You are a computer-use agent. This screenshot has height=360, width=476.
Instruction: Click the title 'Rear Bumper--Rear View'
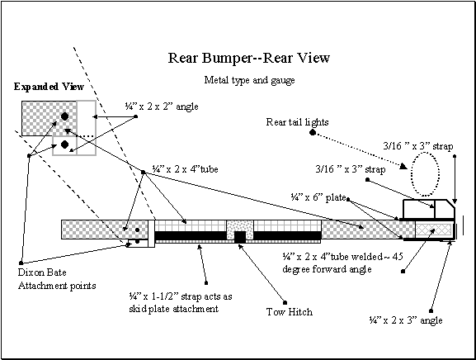pyautogui.click(x=249, y=58)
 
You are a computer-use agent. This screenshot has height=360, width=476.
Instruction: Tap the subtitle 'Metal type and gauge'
pyautogui.click(x=249, y=80)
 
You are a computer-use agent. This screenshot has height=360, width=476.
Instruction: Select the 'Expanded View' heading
pyautogui.click(x=49, y=87)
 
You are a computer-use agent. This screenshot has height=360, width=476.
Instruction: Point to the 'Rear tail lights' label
pyautogui.click(x=297, y=122)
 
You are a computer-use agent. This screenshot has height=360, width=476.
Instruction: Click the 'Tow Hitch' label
pyautogui.click(x=290, y=312)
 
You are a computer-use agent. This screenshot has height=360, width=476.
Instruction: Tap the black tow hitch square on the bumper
pyautogui.click(x=240, y=237)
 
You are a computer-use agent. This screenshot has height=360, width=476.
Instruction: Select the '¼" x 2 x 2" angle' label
pyautogui.click(x=162, y=107)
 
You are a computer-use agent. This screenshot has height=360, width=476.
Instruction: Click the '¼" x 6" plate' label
pyautogui.click(x=318, y=198)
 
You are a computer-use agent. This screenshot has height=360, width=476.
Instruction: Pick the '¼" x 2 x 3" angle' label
pyautogui.click(x=406, y=320)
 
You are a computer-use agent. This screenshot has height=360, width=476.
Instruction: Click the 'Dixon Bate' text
pyautogui.click(x=42, y=272)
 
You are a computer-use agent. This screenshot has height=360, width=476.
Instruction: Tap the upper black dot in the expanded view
pyautogui.click(x=64, y=116)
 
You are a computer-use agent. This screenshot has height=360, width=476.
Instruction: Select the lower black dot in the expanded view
pyautogui.click(x=64, y=144)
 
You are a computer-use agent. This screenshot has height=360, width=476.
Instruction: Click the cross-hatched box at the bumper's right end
pyautogui.click(x=433, y=229)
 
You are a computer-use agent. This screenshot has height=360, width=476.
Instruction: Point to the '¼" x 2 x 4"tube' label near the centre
pyautogui.click(x=185, y=169)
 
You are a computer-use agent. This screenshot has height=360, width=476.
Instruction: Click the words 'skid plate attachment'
pyautogui.click(x=173, y=309)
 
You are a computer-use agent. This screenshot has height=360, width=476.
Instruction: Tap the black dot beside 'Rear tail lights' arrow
pyautogui.click(x=313, y=132)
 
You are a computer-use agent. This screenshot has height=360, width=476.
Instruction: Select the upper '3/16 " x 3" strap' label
pyautogui.click(x=418, y=146)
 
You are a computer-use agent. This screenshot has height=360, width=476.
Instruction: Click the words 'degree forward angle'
pyautogui.click(x=327, y=269)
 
